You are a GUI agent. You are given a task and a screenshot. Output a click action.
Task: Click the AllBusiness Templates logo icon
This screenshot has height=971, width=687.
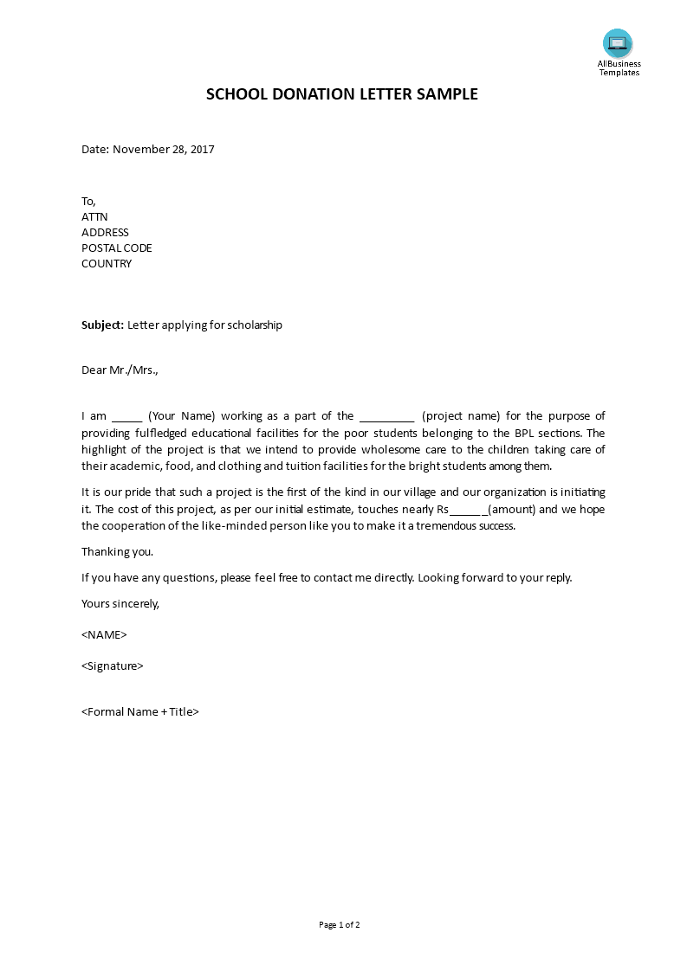pyautogui.click(x=618, y=43)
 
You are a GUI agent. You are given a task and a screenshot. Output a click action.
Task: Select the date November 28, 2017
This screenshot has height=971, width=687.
pyautogui.click(x=164, y=149)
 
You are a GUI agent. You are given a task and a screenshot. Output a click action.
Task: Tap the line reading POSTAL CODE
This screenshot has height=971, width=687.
pyautogui.click(x=117, y=248)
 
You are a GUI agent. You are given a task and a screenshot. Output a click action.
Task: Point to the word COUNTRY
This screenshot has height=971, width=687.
pyautogui.click(x=107, y=264)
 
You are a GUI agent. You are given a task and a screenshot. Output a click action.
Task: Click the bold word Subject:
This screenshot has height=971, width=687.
pyautogui.click(x=103, y=325)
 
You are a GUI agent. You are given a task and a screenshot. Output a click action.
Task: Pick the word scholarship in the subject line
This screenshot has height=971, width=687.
pyautogui.click(x=252, y=325)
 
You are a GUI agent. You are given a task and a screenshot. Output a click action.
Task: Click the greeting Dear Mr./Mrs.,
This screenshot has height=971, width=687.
pyautogui.click(x=120, y=370)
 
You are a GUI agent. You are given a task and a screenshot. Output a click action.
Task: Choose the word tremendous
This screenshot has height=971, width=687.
pyautogui.click(x=428, y=526)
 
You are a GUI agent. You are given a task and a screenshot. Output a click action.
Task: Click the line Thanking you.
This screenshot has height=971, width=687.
pyautogui.click(x=117, y=552)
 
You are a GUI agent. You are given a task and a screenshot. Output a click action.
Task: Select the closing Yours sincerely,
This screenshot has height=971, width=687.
pyautogui.click(x=120, y=604)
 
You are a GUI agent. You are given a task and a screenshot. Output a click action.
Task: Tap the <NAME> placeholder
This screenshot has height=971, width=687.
pyautogui.click(x=104, y=635)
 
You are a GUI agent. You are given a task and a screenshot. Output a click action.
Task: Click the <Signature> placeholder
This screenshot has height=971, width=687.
pyautogui.click(x=113, y=666)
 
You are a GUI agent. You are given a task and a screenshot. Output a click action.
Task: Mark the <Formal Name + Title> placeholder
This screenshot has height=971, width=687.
pyautogui.click(x=140, y=712)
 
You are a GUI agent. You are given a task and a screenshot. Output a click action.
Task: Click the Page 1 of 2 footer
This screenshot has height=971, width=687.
pyautogui.click(x=340, y=925)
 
